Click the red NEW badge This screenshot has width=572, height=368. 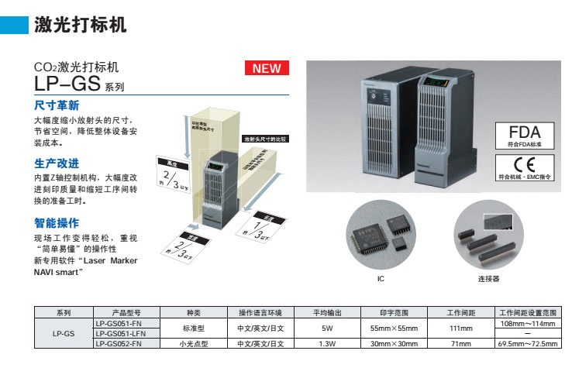coord(267,68)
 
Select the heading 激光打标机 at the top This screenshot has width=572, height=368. coord(81,24)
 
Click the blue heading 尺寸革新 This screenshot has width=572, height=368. coord(57,105)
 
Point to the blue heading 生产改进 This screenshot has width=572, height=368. coord(57,163)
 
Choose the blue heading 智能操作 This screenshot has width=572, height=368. coord(57,222)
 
